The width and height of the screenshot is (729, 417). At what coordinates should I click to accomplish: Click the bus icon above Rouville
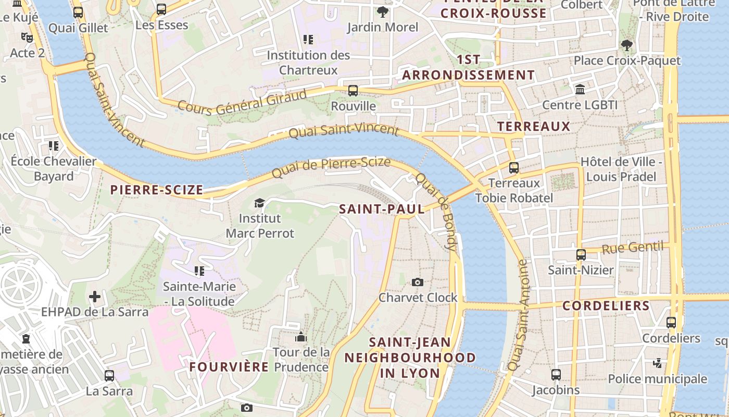coord(353,91)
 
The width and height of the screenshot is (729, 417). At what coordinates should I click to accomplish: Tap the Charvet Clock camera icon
coord(417,282)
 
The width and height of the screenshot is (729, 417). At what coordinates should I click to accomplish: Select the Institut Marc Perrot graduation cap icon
coord(259,203)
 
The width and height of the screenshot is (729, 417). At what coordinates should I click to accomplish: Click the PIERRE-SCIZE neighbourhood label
coord(157,190)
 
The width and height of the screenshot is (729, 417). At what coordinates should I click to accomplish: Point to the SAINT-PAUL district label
coord(382,209)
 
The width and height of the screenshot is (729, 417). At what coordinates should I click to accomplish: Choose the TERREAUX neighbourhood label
coord(534,126)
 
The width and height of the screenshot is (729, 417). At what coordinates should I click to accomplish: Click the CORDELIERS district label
coord(606,305)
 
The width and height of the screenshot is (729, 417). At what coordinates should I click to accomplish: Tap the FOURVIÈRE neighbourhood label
coord(229,367)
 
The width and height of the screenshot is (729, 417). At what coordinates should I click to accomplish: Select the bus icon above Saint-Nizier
coord(581,255)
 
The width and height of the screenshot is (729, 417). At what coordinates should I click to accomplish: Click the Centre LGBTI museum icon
coord(580,90)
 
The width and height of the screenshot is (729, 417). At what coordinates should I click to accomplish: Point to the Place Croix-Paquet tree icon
coord(626,45)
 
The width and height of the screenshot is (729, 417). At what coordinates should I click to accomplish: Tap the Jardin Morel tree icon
coord(383,11)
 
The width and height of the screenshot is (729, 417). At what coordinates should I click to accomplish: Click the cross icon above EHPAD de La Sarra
coord(95,297)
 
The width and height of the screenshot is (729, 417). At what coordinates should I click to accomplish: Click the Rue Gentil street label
coord(634,248)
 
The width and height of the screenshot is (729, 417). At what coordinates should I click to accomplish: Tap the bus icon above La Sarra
coord(109,375)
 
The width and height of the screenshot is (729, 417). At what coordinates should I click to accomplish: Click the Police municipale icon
coord(658,363)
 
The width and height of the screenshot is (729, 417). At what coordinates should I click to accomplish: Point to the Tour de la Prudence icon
coord(301,337)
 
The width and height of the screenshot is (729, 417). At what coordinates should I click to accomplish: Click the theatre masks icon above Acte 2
coord(27,38)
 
